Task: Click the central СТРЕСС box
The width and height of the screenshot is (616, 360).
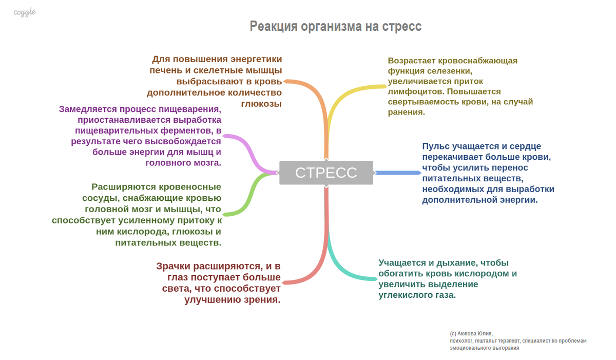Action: pos(326,173)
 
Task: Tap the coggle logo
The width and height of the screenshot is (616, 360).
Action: pos(25,12)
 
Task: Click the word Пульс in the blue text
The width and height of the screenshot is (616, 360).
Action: pos(437,146)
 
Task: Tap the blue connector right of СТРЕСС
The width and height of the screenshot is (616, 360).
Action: pos(398,173)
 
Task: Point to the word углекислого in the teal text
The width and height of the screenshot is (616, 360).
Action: pos(403,295)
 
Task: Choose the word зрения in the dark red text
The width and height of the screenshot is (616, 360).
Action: pos(262,300)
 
